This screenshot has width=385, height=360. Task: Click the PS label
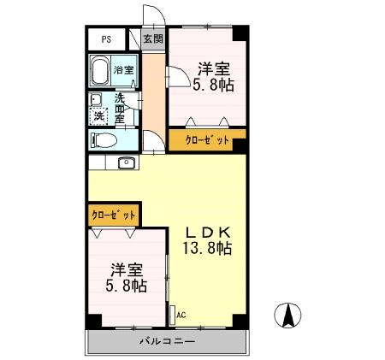click(x=106, y=39)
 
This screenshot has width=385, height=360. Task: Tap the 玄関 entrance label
click(x=153, y=38)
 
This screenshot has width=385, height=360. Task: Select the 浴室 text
click(x=124, y=70)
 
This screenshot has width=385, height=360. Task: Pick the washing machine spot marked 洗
click(x=99, y=115)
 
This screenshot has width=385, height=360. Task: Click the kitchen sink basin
click(x=126, y=162)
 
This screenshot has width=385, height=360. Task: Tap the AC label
click(x=181, y=315)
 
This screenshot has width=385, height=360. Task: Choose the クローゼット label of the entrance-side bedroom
click(x=205, y=141)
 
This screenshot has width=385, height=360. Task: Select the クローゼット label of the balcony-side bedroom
click(x=113, y=214)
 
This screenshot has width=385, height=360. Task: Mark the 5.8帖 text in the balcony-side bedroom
click(x=127, y=286)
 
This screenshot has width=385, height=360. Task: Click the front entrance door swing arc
click(x=153, y=18)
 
